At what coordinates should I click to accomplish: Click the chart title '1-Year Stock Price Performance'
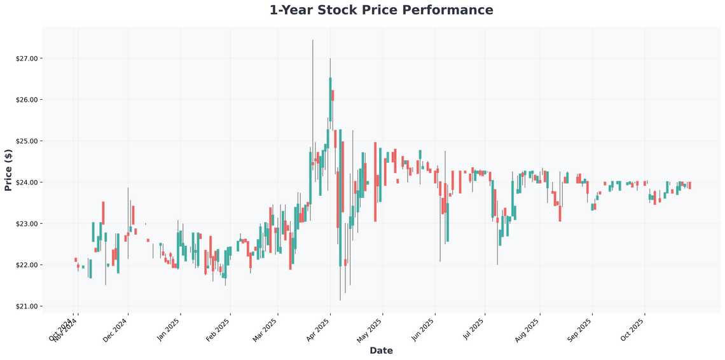tap(381, 10)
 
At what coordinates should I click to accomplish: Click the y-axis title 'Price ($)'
tap(8, 170)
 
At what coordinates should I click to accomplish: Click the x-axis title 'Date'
tap(381, 350)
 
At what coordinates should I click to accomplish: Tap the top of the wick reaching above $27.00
tap(312, 41)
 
